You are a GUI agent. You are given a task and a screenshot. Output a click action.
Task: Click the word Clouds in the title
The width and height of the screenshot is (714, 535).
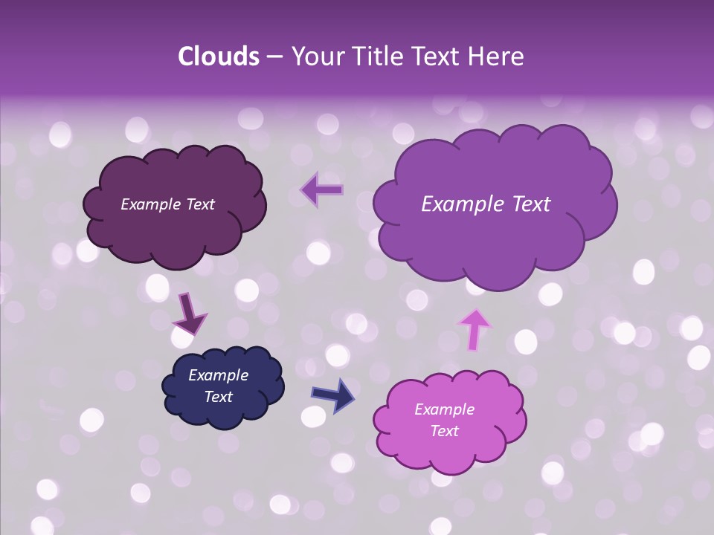click(218, 56)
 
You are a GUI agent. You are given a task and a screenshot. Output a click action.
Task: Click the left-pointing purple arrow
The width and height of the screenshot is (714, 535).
click(322, 189)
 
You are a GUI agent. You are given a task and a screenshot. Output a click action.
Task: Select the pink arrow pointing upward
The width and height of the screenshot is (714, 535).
click(475, 329)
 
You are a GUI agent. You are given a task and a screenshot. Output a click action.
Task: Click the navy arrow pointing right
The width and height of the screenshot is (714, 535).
click(333, 395)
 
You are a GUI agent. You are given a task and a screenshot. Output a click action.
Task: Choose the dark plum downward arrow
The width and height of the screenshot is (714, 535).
click(189, 314)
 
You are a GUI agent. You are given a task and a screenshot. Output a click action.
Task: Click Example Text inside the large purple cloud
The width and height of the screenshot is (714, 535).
click(486, 204)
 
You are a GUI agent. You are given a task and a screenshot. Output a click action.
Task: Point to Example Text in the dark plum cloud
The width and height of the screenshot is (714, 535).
click(167, 204)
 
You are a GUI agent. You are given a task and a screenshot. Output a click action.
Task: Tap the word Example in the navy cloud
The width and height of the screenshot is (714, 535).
click(218, 375)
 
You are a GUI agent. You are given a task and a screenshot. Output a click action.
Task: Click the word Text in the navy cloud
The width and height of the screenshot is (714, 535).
click(218, 397)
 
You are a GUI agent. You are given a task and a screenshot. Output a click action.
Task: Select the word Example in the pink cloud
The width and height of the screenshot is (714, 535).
click(444, 409)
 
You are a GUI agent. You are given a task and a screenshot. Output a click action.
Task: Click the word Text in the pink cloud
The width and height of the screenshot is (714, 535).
click(444, 431)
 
